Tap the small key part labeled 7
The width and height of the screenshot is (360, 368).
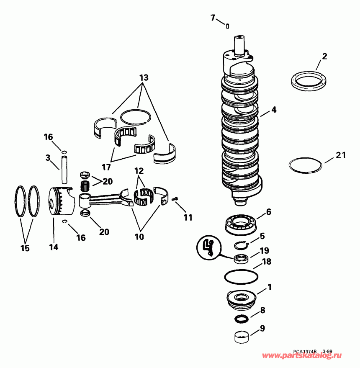point(227,26)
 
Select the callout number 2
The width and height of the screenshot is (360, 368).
point(324,56)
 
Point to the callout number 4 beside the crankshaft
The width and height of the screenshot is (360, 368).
point(273,111)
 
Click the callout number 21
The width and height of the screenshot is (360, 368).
point(341,155)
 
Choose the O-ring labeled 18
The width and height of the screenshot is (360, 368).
point(242,277)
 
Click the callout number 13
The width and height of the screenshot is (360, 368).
point(144,78)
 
